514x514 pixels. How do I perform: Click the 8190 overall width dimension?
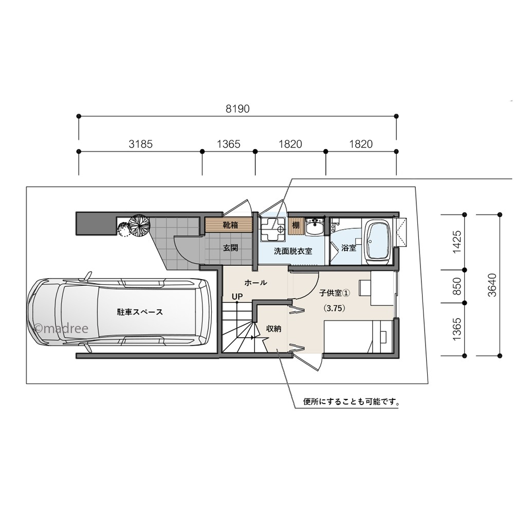(237, 108)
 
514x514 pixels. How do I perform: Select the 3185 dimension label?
(140, 144)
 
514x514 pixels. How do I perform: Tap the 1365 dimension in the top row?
(228, 144)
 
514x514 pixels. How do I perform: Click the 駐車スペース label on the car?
(140, 312)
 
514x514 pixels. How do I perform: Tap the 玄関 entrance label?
(230, 248)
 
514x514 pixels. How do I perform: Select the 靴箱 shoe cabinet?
(230, 225)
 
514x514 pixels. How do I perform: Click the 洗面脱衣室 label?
(292, 251)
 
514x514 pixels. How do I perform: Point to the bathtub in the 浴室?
(378, 241)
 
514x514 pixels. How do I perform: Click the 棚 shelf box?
(296, 225)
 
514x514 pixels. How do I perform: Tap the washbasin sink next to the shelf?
(314, 226)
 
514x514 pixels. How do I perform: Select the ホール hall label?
(255, 283)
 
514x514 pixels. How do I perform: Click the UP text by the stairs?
(237, 297)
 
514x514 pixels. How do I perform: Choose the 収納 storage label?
(273, 328)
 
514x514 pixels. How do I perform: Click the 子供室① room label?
(334, 293)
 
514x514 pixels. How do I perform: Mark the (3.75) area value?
(334, 309)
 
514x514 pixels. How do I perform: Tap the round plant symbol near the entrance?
(139, 225)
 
